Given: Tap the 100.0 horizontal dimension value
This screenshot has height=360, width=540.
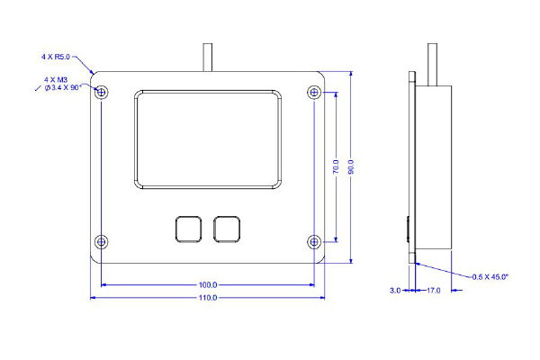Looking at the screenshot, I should coord(208,284).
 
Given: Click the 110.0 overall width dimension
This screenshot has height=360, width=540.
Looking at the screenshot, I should coord(208,298).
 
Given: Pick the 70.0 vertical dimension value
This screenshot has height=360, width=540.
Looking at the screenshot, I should coord(335,167).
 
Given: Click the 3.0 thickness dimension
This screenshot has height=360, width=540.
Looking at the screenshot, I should coord(394,291).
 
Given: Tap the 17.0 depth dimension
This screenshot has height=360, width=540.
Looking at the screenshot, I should coord(433,291).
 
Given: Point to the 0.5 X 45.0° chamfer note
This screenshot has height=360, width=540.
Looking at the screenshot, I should coord(490,276).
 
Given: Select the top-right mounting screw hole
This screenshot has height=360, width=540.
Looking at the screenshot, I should coord(314,91).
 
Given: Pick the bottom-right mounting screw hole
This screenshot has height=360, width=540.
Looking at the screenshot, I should coord(314,241).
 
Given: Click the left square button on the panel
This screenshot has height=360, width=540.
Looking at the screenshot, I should coord(188,229).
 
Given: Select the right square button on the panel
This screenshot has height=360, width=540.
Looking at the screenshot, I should coord(228,229).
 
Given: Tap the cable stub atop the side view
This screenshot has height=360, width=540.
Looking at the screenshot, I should coord(434,62).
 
